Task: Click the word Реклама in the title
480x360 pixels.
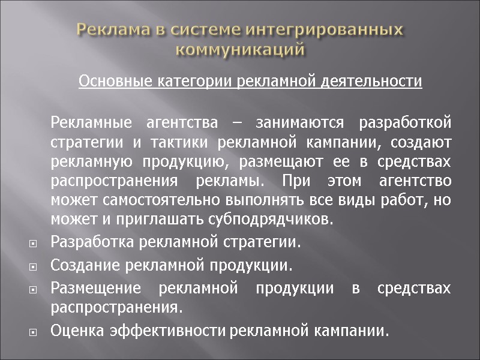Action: pyautogui.click(x=113, y=29)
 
